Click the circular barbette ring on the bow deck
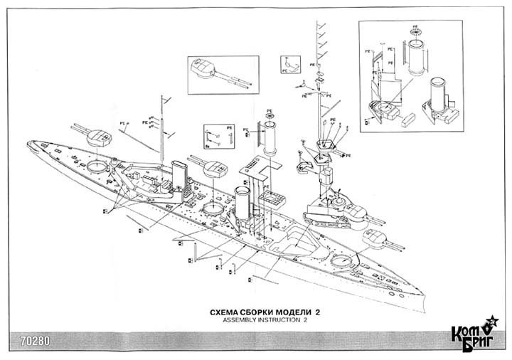coord(97,166)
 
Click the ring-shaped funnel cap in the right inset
coord(415,31)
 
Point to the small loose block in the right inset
coord(409,121)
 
